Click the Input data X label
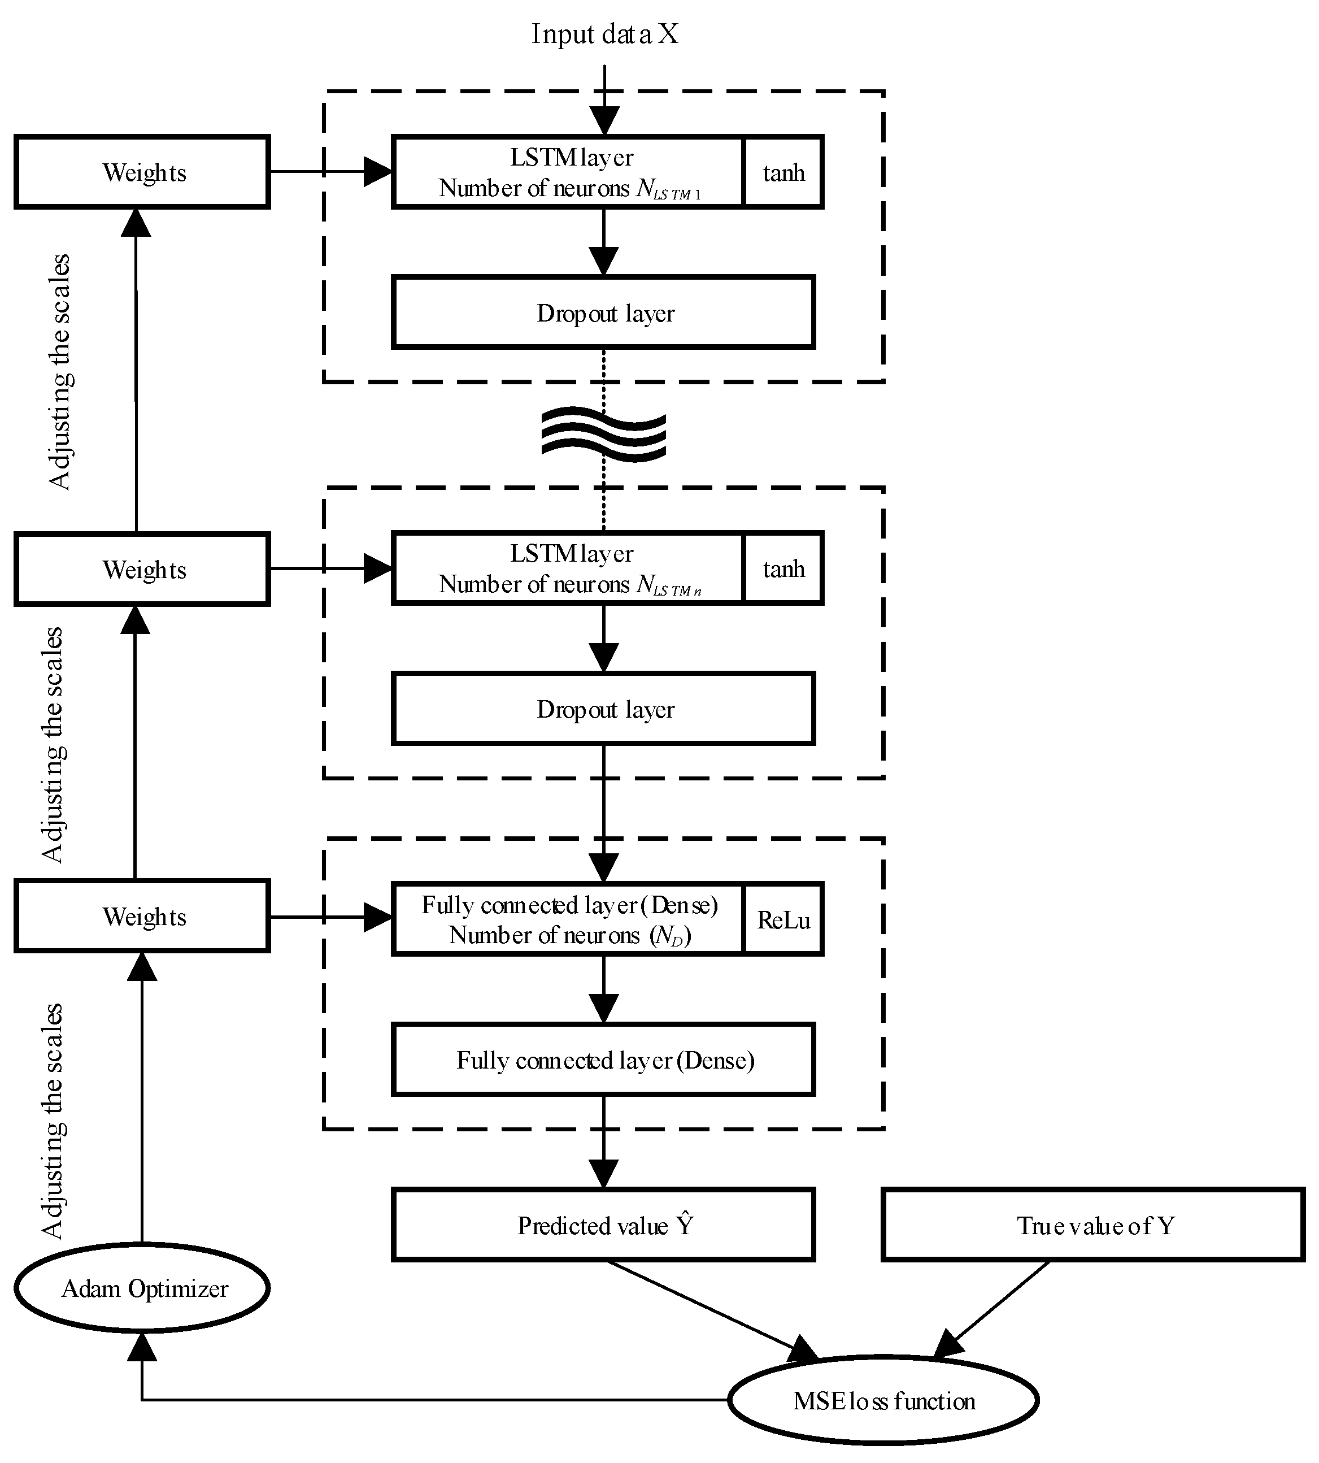[604, 34]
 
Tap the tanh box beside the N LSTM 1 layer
[783, 172]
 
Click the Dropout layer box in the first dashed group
[604, 312]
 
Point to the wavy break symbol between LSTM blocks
[604, 435]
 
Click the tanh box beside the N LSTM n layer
[783, 569]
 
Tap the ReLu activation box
[783, 919]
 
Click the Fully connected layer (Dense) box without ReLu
[604, 1060]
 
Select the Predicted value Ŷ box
[604, 1225]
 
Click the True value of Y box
[1093, 1225]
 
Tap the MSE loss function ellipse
[883, 1401]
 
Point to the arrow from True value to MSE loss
[993, 1309]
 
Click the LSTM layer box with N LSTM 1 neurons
[568, 172]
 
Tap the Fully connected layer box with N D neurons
[568, 919]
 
